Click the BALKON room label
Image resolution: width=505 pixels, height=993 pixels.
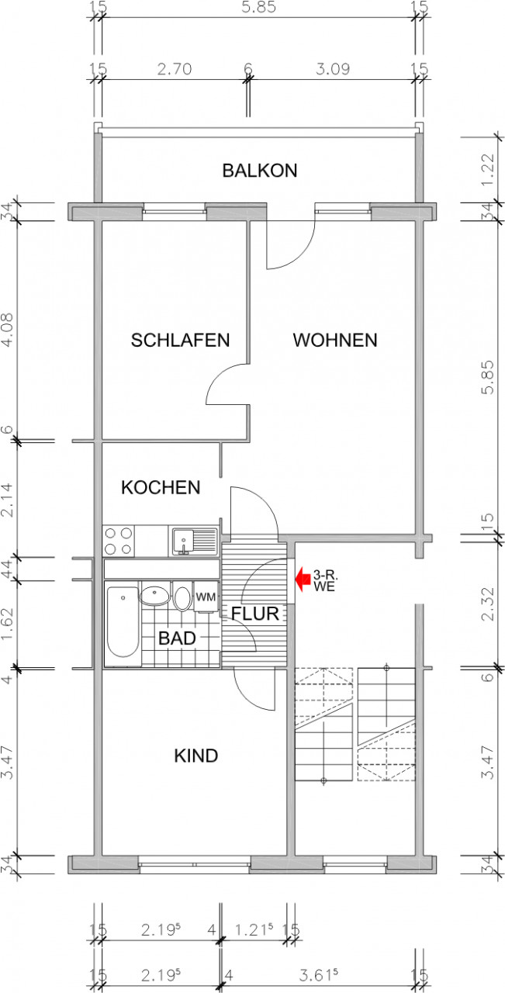(259, 171)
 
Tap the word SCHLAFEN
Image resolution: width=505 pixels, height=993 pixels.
(180, 341)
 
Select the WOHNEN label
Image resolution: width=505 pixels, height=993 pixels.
(334, 340)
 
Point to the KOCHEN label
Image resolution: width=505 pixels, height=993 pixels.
(161, 488)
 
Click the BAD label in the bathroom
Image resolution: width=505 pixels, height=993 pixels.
(177, 638)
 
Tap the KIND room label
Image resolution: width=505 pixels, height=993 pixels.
(195, 756)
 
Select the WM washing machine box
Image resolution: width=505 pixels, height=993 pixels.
(205, 597)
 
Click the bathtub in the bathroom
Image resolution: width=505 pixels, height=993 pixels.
(122, 622)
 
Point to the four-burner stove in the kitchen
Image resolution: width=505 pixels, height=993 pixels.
(118, 541)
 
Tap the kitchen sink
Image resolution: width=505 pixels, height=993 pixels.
(185, 540)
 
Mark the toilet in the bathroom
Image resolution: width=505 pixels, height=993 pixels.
(183, 598)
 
